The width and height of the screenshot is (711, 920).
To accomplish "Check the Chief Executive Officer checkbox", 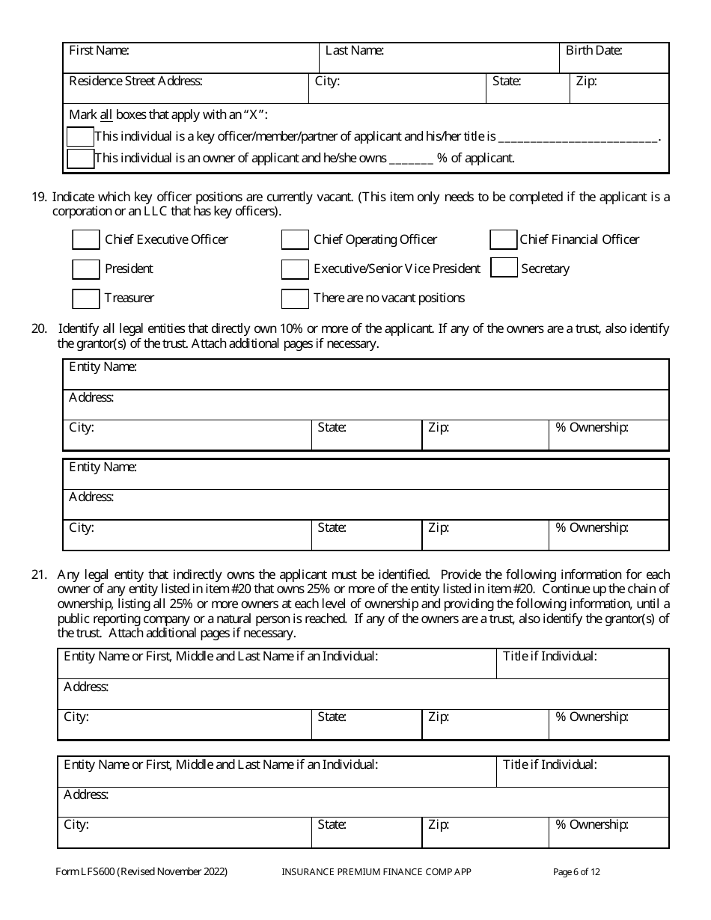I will (85, 239).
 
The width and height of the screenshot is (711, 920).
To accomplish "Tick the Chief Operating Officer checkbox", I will (295, 239).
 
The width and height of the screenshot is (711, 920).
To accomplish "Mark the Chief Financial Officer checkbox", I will (503, 239).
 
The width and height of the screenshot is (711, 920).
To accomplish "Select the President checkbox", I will (85, 269).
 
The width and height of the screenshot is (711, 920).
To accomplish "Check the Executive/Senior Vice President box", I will (295, 269).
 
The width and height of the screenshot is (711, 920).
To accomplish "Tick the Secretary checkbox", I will (503, 268).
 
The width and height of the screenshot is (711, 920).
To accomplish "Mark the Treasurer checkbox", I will (85, 298).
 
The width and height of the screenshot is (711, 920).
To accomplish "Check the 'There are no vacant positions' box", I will (295, 298).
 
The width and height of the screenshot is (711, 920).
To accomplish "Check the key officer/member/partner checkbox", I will (80, 137).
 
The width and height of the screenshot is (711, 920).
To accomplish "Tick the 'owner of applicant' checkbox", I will (80, 159).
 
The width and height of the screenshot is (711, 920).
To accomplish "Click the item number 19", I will (38, 197).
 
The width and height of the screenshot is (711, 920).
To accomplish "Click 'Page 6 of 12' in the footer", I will (576, 871).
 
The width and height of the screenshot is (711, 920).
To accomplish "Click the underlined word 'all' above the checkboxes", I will (106, 115).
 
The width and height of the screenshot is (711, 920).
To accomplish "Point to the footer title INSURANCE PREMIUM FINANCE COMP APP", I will (376, 871).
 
